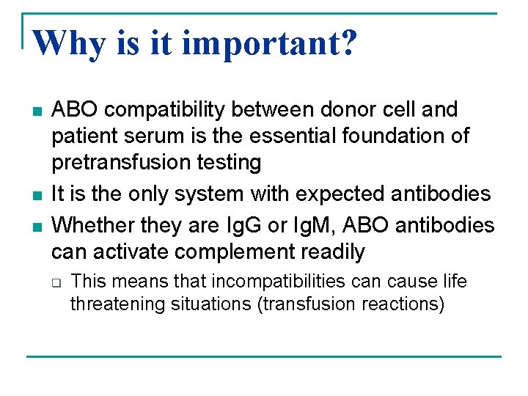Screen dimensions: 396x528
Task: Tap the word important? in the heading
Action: pos(269,45)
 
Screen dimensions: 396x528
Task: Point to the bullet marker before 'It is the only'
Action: pos(34,194)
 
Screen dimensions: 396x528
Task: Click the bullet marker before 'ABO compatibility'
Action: pos(34,111)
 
